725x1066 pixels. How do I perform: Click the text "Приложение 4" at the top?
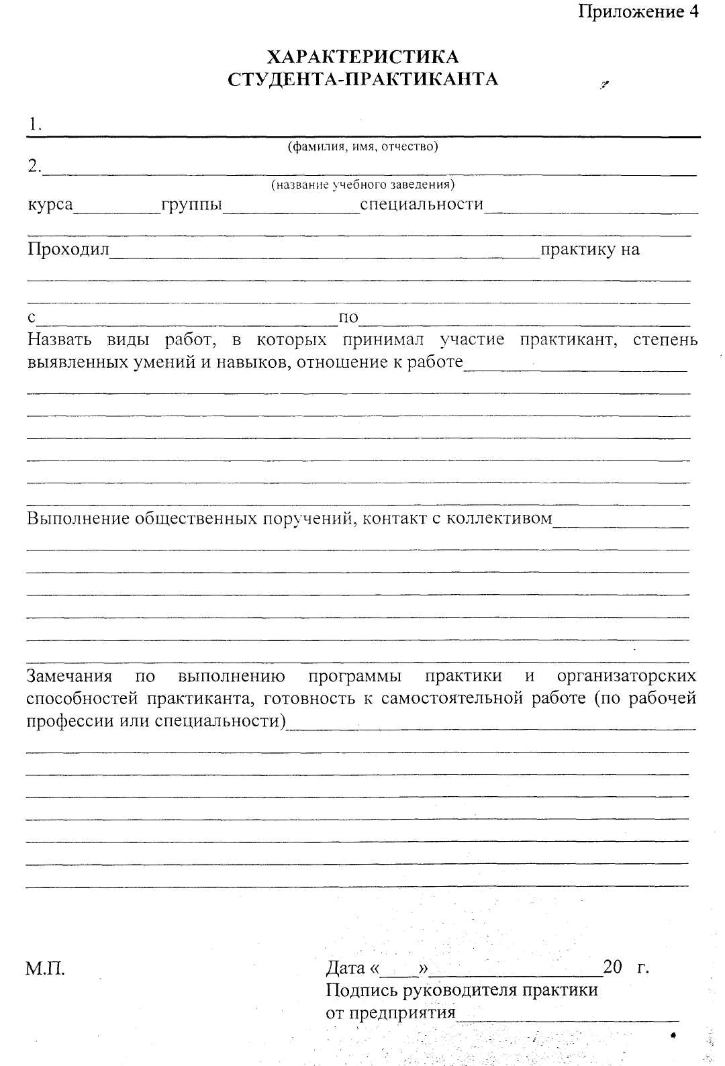(x=638, y=11)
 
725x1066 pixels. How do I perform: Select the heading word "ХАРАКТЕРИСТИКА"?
(x=363, y=56)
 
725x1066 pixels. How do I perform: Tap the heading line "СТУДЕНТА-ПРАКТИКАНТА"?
(x=363, y=79)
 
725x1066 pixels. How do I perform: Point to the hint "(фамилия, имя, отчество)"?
(x=362, y=146)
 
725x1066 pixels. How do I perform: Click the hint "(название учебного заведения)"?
(x=362, y=184)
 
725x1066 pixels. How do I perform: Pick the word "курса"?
(x=50, y=204)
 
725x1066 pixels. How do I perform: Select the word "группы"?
(x=191, y=204)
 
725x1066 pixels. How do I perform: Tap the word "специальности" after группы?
(x=422, y=204)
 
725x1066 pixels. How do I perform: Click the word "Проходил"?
(x=68, y=250)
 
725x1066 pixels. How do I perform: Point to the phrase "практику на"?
(x=590, y=250)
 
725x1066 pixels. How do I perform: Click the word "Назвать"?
(x=58, y=340)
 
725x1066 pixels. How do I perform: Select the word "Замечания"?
(x=69, y=675)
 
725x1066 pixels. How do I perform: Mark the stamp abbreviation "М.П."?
(x=45, y=969)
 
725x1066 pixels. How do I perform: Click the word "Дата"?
(x=345, y=968)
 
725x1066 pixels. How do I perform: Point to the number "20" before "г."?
(x=613, y=967)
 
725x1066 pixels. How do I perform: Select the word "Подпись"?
(x=360, y=990)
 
